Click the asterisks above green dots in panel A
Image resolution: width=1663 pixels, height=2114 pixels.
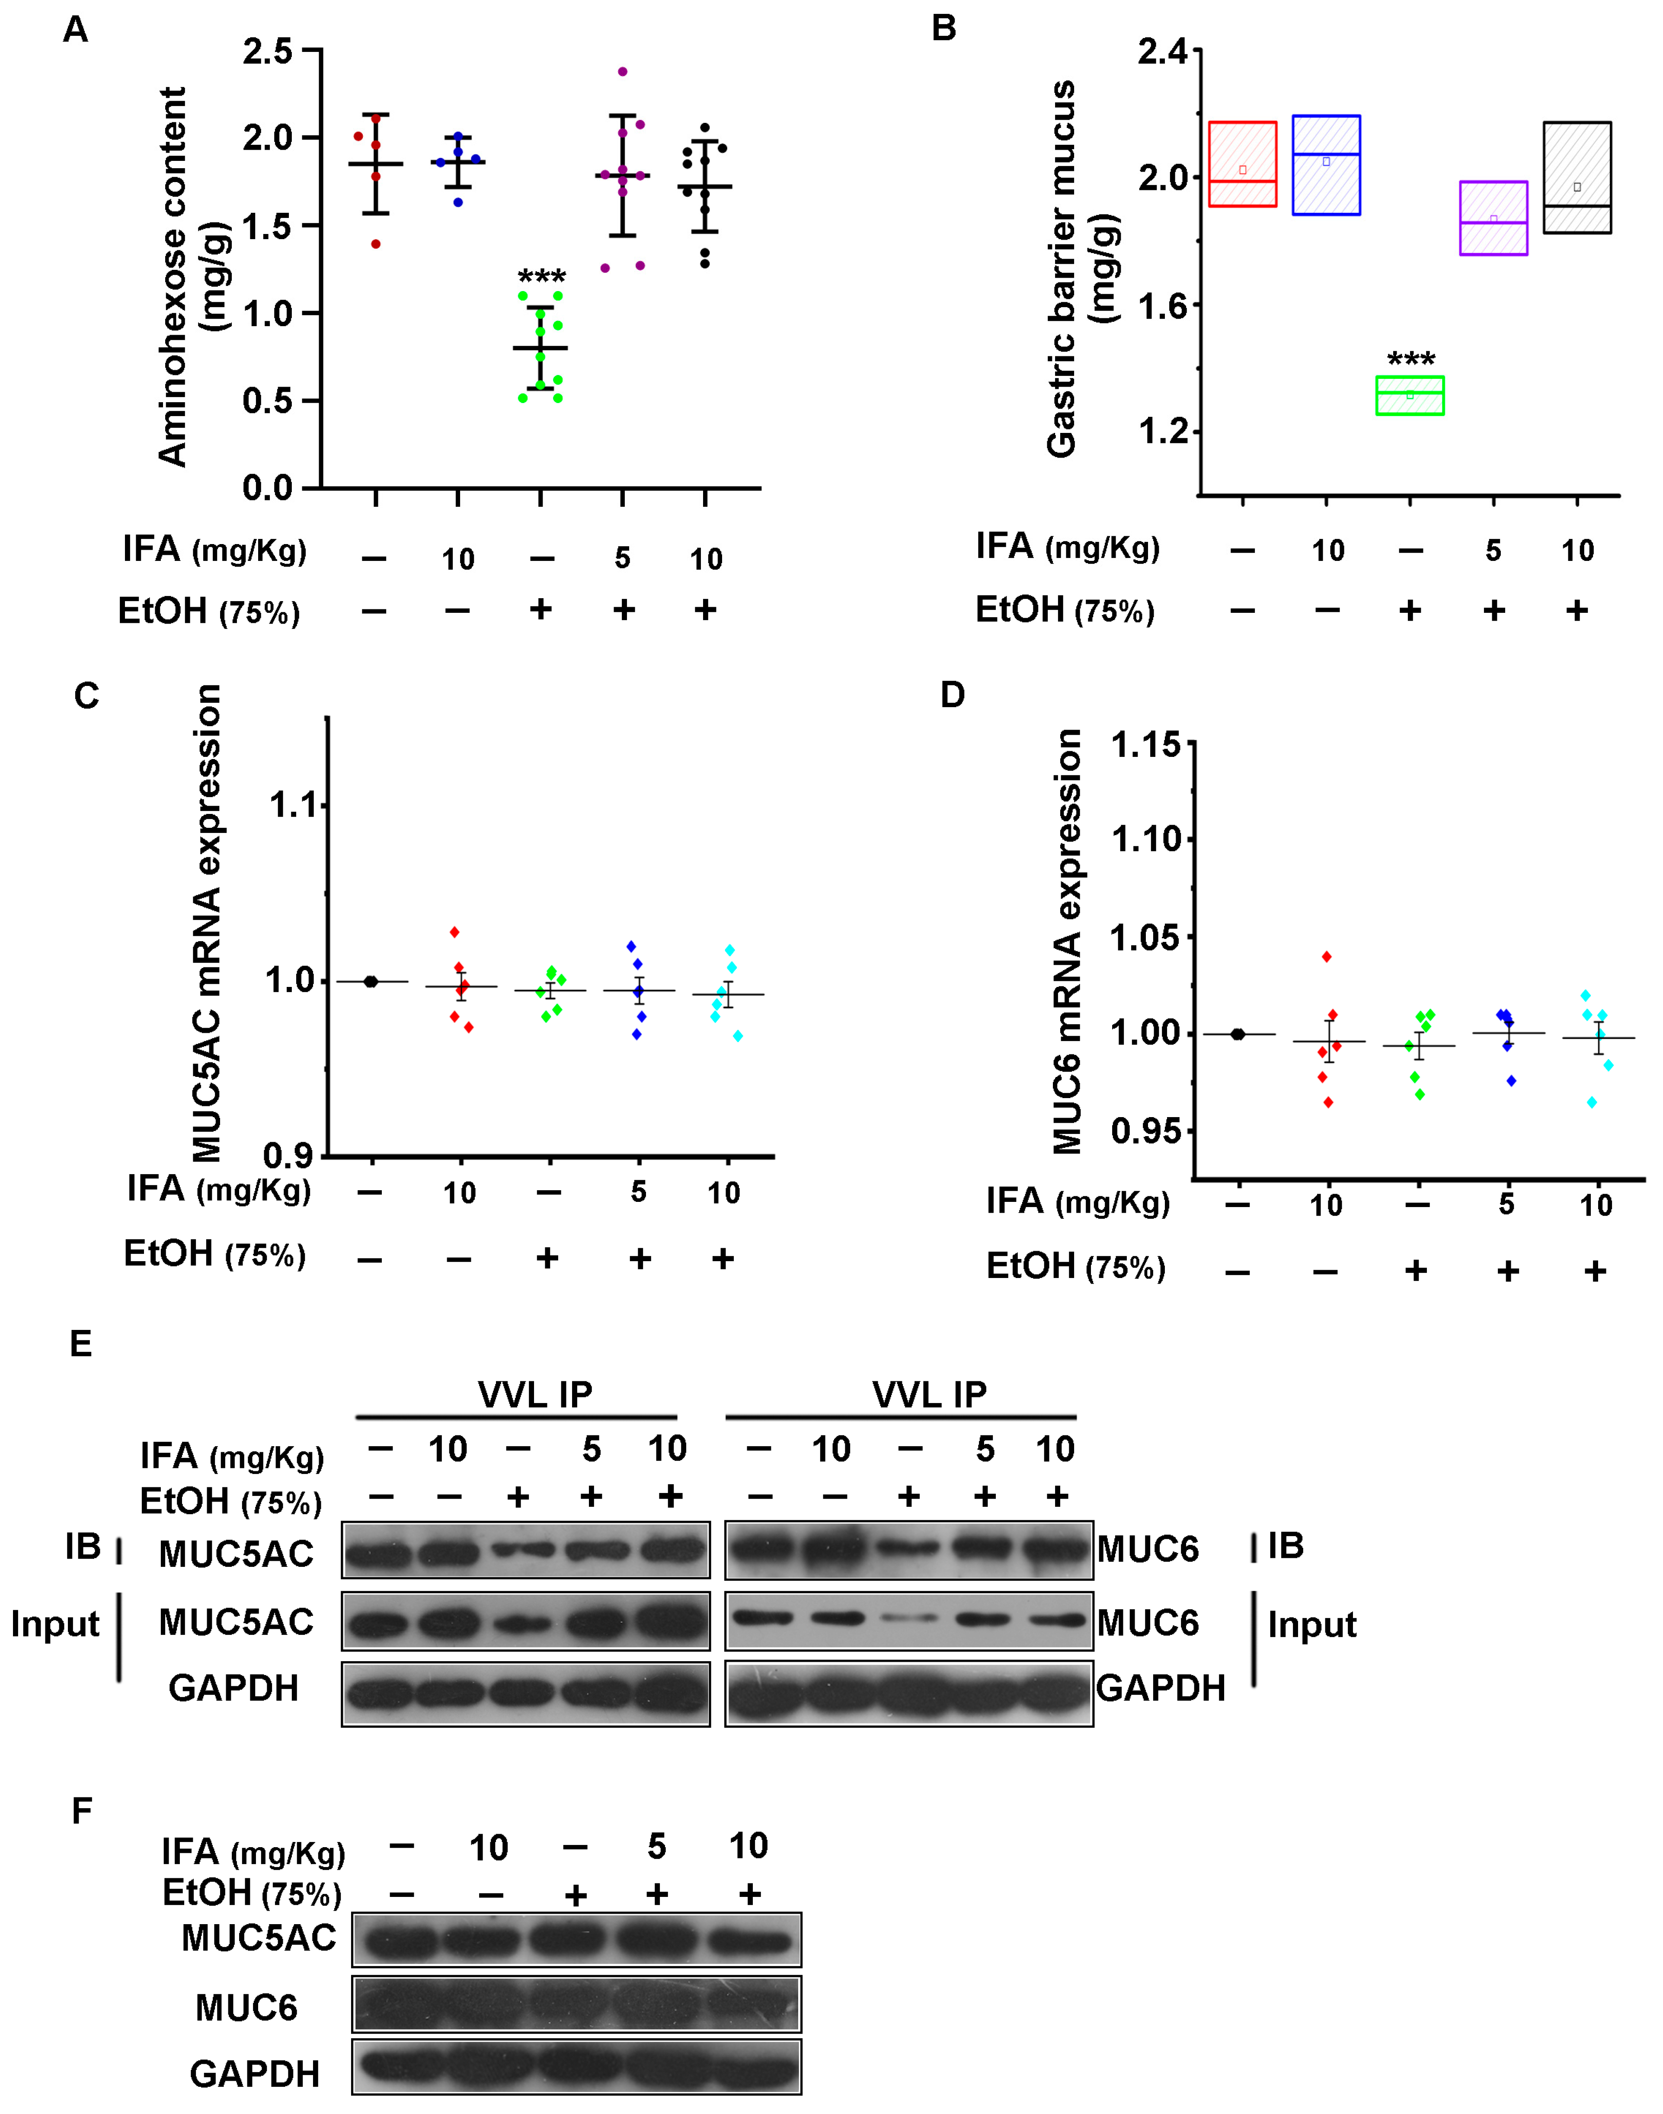[541, 276]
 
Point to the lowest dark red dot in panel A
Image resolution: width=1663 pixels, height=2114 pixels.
[376, 243]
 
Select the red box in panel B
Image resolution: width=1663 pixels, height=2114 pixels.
[1242, 163]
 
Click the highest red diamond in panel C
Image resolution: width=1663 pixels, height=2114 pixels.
[455, 932]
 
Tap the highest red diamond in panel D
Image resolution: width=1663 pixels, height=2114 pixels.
[1326, 956]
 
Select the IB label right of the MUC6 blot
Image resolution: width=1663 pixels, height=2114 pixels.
[1285, 1545]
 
